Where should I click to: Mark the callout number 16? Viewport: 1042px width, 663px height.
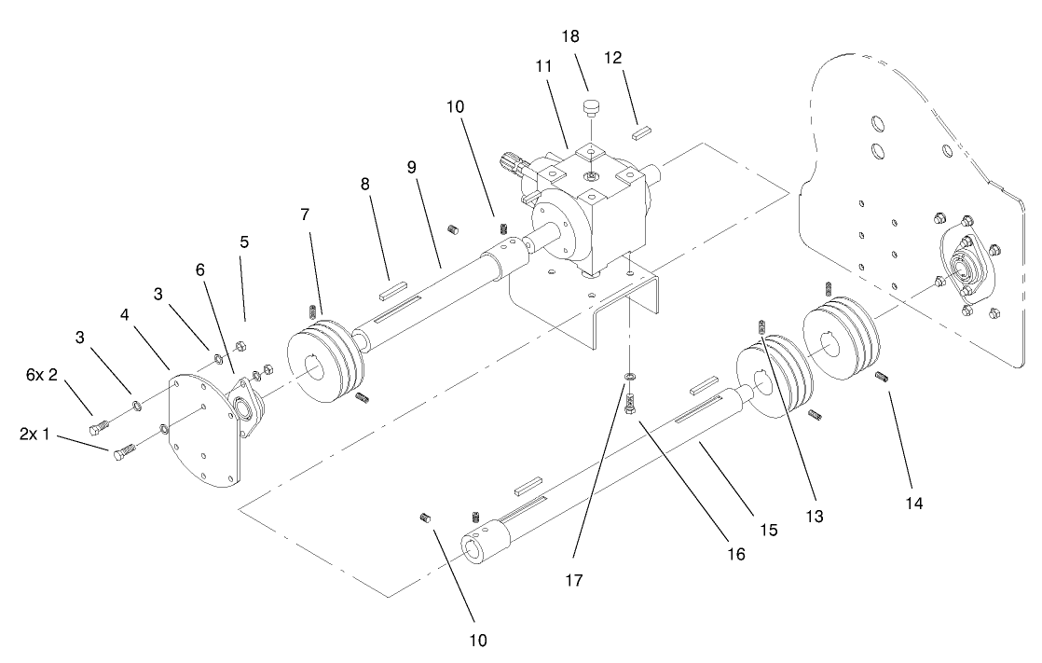736,553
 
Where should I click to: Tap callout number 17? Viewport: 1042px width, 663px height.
573,580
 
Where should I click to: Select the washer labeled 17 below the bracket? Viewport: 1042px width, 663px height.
631,376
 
